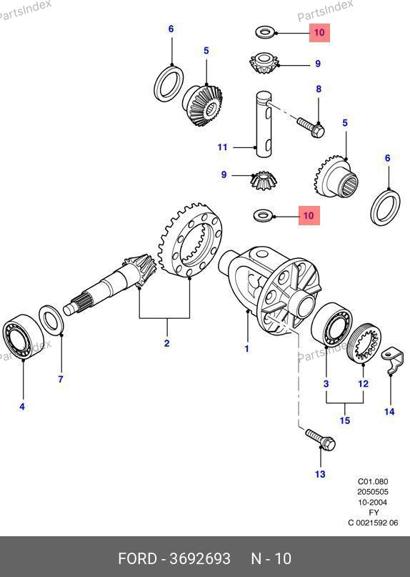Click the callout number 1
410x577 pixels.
pos(246,348)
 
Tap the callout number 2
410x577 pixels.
pos(167,343)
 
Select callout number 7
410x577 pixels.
pos(61,379)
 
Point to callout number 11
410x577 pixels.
pos(222,147)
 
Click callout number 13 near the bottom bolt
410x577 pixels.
pos(320,474)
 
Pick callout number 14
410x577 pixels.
pos(389,411)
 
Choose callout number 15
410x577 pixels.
pos(345,420)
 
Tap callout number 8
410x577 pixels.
pos(319,89)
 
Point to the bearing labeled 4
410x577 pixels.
pos(23,335)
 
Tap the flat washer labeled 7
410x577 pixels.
pos(52,320)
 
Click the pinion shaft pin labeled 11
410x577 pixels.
pos(264,124)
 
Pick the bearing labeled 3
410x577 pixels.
pos(331,325)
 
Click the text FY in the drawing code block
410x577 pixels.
pos(374,512)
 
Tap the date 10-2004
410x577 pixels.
pos(373,502)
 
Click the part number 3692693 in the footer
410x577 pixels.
pos(200,558)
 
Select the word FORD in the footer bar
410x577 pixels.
pos(137,558)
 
